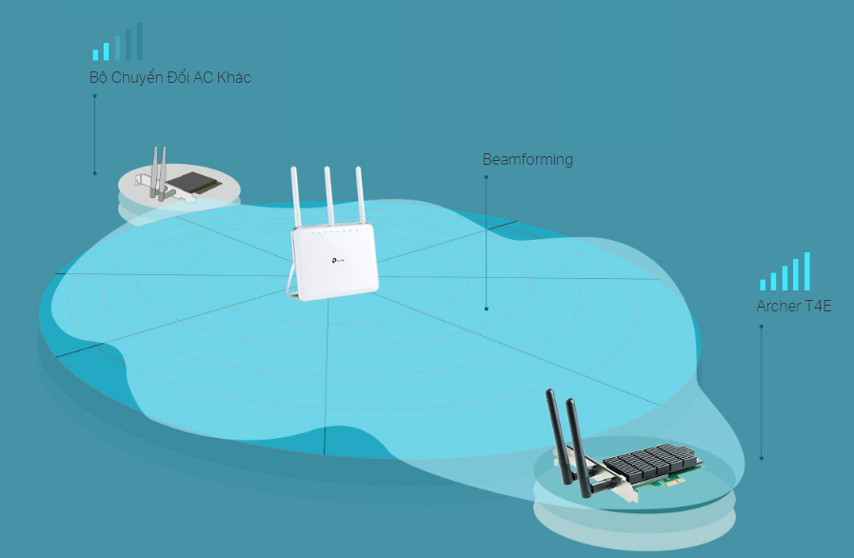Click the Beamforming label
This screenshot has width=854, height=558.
pos(527,159)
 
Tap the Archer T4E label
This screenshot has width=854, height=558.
pos(794,306)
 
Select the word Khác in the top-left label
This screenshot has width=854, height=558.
pos(232,77)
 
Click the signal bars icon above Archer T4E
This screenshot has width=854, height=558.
pos(784,271)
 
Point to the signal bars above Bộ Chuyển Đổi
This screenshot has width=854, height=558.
pos(117,43)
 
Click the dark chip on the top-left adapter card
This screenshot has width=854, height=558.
pos(194,177)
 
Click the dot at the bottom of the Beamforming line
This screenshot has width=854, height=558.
pos(487,309)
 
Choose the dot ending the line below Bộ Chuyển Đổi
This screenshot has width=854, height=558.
pos(94,172)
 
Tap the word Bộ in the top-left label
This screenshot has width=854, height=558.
pos(97,77)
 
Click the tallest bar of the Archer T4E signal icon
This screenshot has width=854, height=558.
pos(806,270)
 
